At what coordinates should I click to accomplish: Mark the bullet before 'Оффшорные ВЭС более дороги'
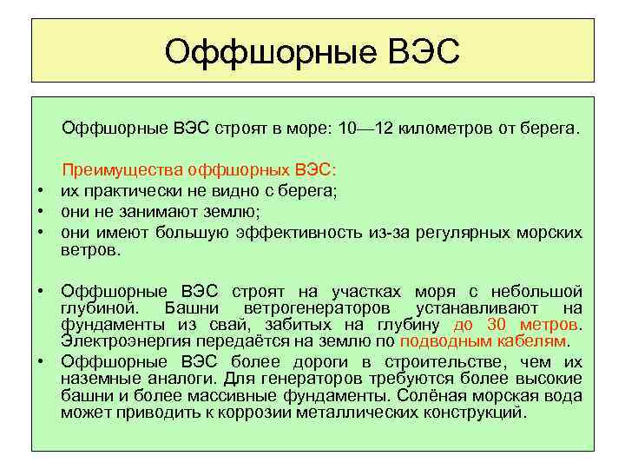coord(40,360)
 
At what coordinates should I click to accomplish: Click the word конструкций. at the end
coord(476,412)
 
